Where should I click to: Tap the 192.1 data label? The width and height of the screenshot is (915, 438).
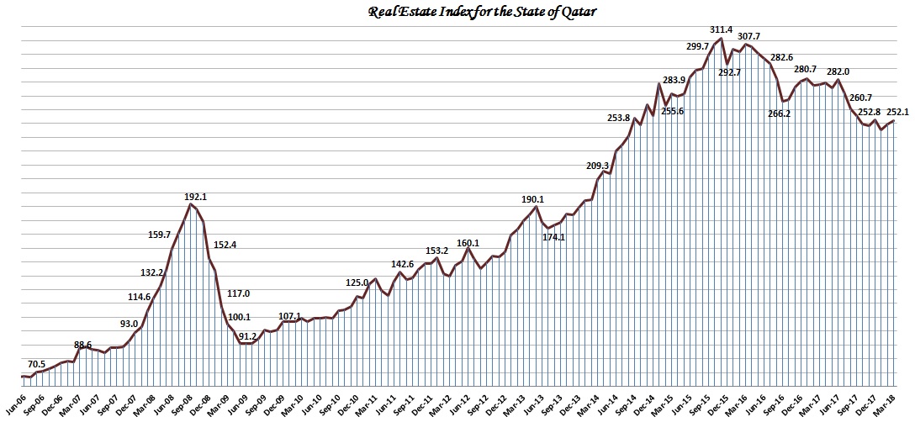195,197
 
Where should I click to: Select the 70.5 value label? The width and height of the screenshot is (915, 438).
37,364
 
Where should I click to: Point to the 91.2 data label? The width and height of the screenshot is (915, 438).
247,336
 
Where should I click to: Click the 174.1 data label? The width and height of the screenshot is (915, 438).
554,237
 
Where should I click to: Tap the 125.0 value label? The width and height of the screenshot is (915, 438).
357,282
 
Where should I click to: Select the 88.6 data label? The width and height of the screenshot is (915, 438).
82,345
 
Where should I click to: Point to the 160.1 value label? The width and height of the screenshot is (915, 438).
468,243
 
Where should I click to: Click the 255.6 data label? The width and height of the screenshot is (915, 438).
673,111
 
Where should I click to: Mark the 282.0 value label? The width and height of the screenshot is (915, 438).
838,71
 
